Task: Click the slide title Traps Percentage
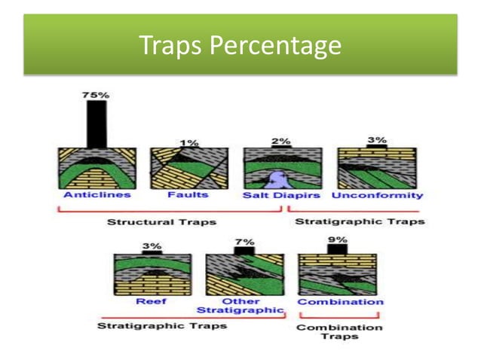(240, 47)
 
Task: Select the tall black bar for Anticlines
(96, 124)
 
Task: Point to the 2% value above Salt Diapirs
(280, 141)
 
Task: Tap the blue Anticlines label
(97, 195)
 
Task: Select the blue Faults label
(188, 195)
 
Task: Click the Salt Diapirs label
(280, 195)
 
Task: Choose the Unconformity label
(377, 195)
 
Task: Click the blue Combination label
(340, 301)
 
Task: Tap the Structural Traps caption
(161, 222)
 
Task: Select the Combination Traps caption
(339, 331)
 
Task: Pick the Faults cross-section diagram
(188, 167)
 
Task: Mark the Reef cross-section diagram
(151, 274)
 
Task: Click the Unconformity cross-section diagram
(375, 167)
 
